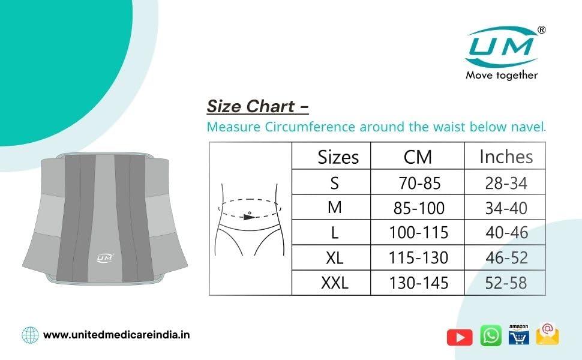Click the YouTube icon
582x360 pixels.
coord(460,337)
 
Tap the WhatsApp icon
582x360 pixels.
coord(491,336)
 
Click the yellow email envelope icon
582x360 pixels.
coord(547,334)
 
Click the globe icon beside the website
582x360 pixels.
coord(30,334)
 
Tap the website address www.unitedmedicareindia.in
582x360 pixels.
coord(116,335)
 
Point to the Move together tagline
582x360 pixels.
coord(502,75)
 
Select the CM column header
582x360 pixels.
coord(418,157)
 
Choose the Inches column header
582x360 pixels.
coord(506,157)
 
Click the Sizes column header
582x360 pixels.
coord(338,157)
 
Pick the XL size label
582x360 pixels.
coord(334,258)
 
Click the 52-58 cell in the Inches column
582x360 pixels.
coord(506,283)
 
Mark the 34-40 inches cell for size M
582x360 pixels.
coord(506,208)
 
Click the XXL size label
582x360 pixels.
coord(334,283)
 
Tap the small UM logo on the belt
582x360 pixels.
coord(105,258)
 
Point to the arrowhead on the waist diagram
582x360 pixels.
coord(248,217)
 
